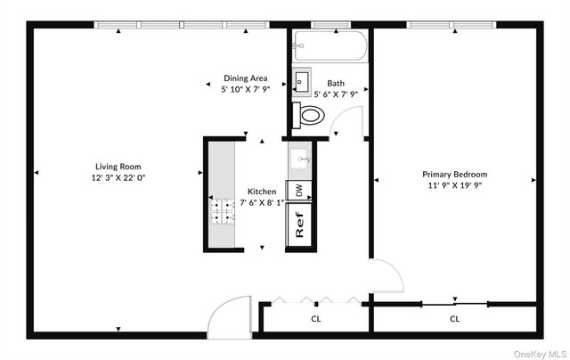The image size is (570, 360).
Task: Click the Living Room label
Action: click(x=118, y=167)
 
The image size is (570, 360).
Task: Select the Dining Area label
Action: click(x=245, y=78)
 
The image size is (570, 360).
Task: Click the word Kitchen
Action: click(x=262, y=192)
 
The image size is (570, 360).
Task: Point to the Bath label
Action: click(x=336, y=82)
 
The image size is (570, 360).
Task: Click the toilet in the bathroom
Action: click(x=309, y=114)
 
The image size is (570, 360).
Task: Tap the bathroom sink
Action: click(x=301, y=79)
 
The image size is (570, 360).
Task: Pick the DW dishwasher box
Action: click(x=299, y=191)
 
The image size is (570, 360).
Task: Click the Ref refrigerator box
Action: click(x=300, y=221)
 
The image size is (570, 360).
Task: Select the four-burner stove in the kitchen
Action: click(x=220, y=211)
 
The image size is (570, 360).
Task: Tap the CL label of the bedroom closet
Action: click(x=454, y=318)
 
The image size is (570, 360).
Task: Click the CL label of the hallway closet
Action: click(x=315, y=318)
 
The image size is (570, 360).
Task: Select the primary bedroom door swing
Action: click(x=385, y=278)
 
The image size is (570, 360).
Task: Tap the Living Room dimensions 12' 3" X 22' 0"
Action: click(x=118, y=178)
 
